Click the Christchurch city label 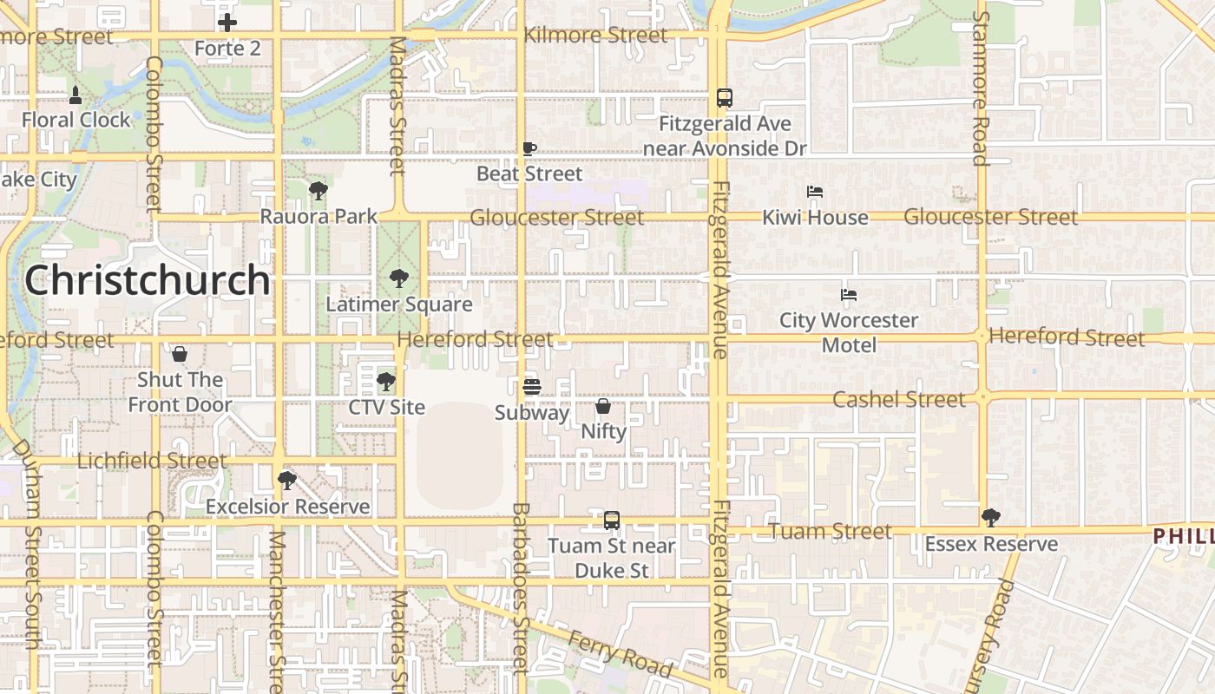coord(148,280)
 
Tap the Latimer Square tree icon coord(399,278)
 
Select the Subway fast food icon coord(532,387)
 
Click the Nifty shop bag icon coord(603,406)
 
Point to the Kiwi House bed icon coord(815,192)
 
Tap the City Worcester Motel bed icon coord(849,295)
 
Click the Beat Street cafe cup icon coord(529,148)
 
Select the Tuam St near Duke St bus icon coord(612,520)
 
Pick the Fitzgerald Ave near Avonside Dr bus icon coord(725,98)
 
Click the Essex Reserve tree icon coord(991,518)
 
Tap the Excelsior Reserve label coord(287,507)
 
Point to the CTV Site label coord(387,407)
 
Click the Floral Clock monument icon coord(76,95)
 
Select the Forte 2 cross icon coord(227,23)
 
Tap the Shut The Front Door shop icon coord(180,354)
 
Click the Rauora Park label coord(319,216)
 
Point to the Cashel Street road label coord(898,400)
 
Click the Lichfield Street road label coord(152,461)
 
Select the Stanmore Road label coord(980,87)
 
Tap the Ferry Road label coord(620,652)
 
